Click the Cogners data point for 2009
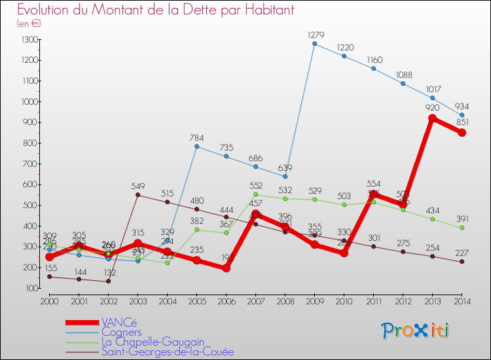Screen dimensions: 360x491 [x=314, y=44]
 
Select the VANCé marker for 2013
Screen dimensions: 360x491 [x=432, y=118]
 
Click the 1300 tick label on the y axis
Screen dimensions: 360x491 [x=29, y=40]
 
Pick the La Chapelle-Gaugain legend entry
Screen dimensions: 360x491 [x=153, y=342]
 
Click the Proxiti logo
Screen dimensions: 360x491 [x=416, y=331]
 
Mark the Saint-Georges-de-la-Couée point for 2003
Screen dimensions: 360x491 [x=137, y=194]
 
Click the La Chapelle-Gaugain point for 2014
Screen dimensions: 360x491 [x=462, y=228]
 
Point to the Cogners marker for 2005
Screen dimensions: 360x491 [x=196, y=146]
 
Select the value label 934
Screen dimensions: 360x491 [x=462, y=106]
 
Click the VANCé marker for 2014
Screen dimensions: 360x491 [x=462, y=132]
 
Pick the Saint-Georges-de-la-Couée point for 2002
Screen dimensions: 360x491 [x=108, y=281]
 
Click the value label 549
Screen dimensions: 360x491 [x=137, y=185]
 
